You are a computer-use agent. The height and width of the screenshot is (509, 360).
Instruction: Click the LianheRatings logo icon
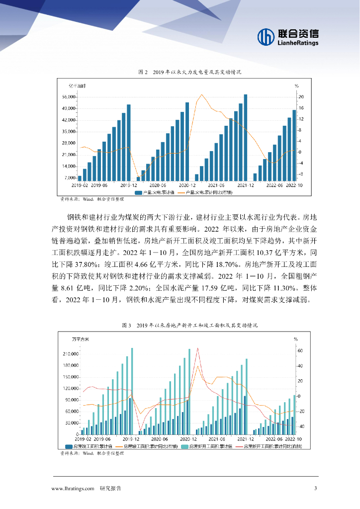coord(266,36)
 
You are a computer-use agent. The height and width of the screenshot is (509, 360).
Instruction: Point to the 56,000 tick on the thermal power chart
coord(69,97)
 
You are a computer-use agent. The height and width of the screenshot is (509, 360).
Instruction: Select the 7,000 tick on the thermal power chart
coord(70,177)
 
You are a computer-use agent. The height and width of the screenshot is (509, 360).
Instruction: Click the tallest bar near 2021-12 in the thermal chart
coord(245,137)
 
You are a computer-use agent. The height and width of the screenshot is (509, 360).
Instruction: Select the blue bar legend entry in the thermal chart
coord(154,192)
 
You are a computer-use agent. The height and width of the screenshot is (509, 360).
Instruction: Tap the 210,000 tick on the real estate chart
coord(70,354)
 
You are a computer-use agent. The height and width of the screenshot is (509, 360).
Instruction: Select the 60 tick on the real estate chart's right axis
coord(300,350)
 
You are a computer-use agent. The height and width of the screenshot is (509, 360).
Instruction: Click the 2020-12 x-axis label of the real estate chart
coord(189,439)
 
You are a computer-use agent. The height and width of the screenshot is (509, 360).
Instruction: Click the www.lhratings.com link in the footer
coord(73,489)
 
